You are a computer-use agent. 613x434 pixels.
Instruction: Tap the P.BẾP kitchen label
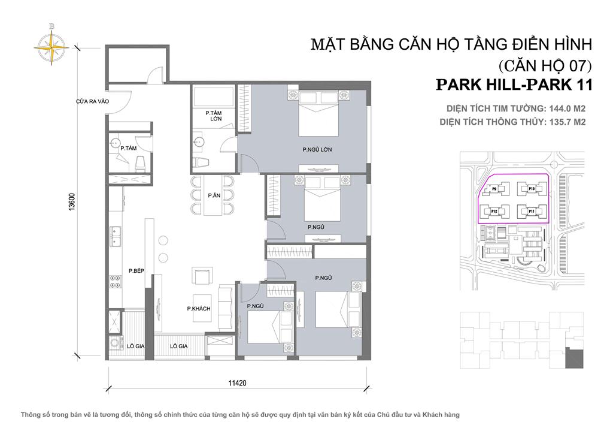click(136, 272)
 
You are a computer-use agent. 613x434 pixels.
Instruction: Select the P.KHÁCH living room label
click(197, 308)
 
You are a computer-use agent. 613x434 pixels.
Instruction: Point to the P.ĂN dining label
click(213, 195)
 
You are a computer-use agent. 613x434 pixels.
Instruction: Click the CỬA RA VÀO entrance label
click(92, 101)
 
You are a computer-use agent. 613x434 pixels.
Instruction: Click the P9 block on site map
click(494, 189)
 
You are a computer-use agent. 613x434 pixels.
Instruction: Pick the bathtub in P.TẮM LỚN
click(214, 95)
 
